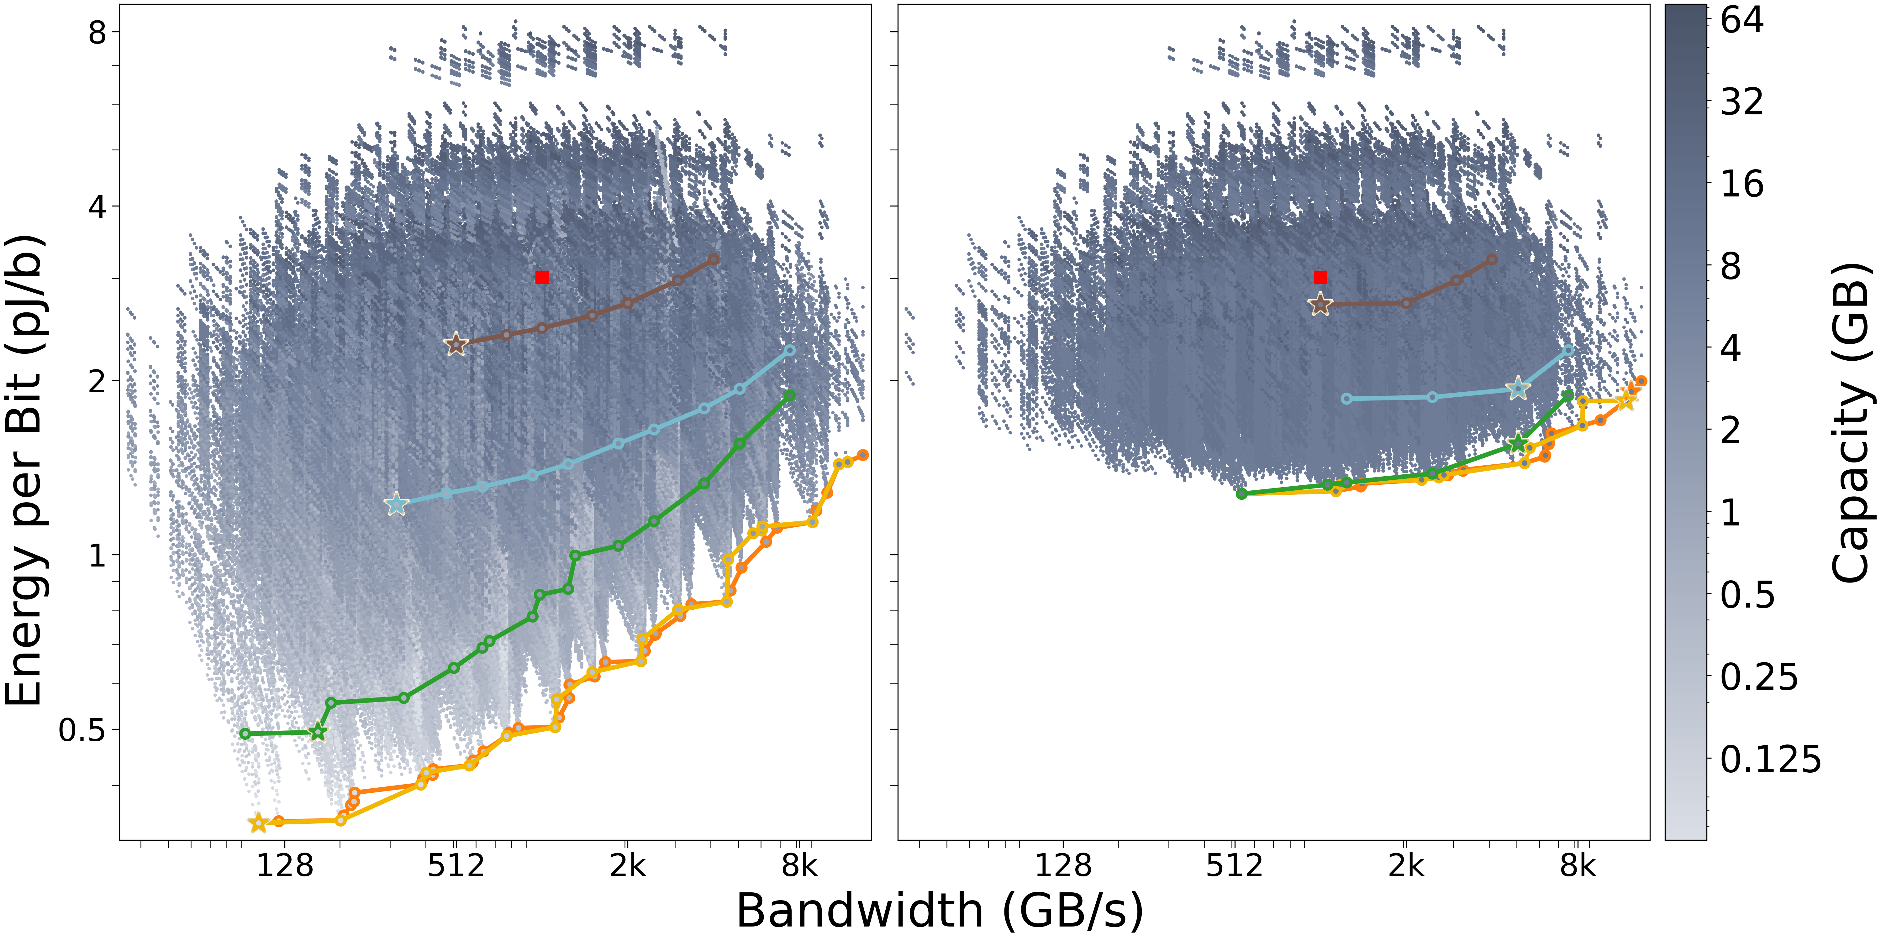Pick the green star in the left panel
point(318,732)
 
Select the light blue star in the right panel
point(1518,389)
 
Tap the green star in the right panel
point(1518,444)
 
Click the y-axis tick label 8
point(97,32)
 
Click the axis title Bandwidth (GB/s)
point(940,911)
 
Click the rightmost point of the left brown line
point(714,259)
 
